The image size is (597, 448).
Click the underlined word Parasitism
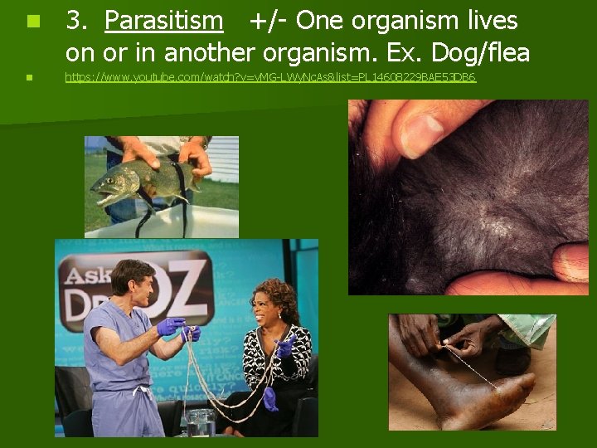click(x=164, y=21)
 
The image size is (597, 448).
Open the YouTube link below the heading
click(x=270, y=77)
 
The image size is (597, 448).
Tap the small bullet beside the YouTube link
click(x=29, y=77)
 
